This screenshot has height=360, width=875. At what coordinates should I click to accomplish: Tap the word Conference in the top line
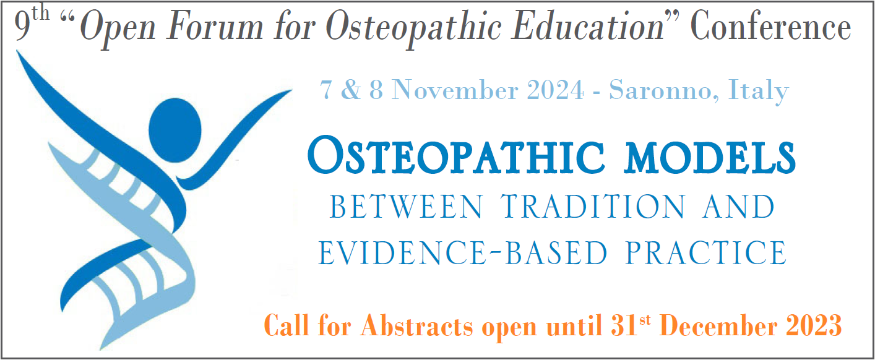click(770, 28)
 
